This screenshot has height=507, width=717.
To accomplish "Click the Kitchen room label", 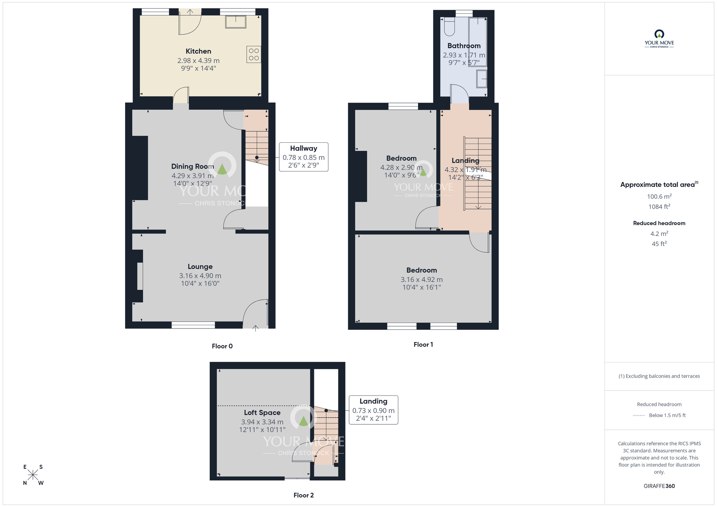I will click(198, 51).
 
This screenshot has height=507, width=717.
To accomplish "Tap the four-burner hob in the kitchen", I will click(253, 55).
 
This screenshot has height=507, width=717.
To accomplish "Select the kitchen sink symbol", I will click(236, 22).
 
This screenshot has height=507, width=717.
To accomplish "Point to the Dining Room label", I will click(193, 166).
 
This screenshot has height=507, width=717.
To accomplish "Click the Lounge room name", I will click(200, 266).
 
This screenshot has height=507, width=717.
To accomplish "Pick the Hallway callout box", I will click(303, 157).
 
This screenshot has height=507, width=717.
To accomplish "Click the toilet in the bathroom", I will click(449, 27).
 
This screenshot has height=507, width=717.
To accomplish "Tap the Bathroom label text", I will click(464, 46).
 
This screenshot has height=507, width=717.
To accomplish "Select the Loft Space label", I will click(262, 413).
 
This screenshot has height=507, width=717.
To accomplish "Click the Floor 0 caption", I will click(222, 346).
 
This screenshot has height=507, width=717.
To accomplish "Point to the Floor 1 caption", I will click(423, 345).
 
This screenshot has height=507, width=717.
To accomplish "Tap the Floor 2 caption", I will click(303, 495).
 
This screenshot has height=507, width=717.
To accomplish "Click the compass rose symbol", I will click(33, 475).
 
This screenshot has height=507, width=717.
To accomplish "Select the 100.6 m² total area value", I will click(659, 196).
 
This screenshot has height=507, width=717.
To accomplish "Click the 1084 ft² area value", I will click(659, 207).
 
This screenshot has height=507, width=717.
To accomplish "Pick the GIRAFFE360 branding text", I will click(659, 486).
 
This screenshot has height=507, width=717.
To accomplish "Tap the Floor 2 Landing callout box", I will click(373, 410).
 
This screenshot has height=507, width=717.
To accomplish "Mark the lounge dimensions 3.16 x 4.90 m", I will click(200, 276).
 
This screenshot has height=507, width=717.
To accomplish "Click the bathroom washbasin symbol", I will click(481, 79).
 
